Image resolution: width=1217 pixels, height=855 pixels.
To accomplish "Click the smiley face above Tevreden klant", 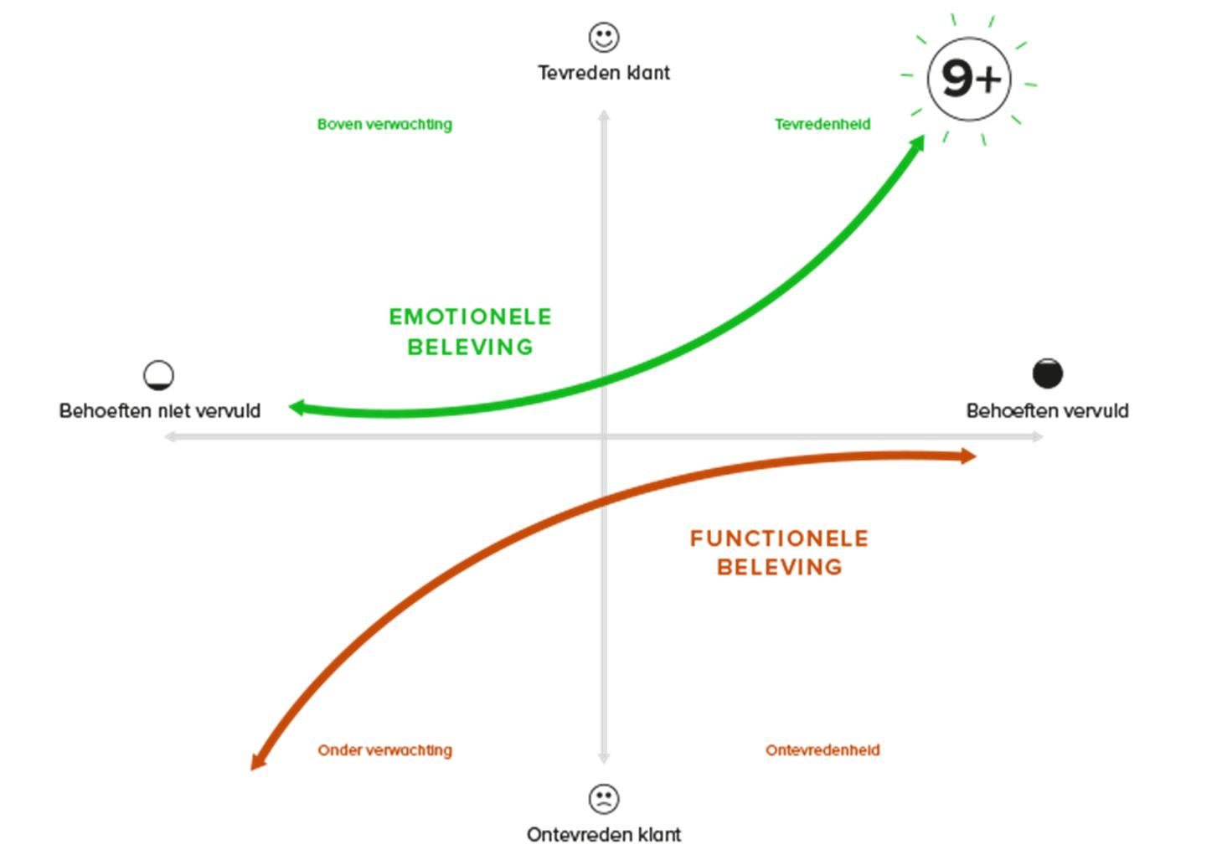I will [603, 37].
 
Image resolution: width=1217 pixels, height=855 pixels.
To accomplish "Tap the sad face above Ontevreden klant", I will [603, 798].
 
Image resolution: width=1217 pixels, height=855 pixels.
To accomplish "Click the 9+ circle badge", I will [969, 79].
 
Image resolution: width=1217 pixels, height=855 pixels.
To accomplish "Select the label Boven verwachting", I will [384, 124].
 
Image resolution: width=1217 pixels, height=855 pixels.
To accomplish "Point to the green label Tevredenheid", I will [822, 124].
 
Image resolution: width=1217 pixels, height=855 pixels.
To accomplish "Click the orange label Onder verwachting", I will [384, 750].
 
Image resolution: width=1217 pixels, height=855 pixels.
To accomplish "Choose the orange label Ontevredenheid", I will [823, 750].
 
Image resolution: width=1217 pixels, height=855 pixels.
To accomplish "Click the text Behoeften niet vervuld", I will [159, 410].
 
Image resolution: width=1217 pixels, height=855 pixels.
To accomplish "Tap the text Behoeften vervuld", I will [1047, 410].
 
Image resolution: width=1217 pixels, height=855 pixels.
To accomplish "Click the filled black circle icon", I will [1047, 373].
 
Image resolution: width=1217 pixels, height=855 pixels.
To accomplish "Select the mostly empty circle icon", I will [159, 375].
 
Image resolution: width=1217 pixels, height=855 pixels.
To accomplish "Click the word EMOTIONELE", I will [470, 317].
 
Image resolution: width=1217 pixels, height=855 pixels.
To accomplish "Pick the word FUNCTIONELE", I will [779, 538].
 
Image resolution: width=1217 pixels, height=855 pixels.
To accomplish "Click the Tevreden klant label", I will [603, 73].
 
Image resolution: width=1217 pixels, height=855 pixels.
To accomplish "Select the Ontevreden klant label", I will [603, 834].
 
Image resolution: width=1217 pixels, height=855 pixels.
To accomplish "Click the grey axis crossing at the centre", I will [603, 436].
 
